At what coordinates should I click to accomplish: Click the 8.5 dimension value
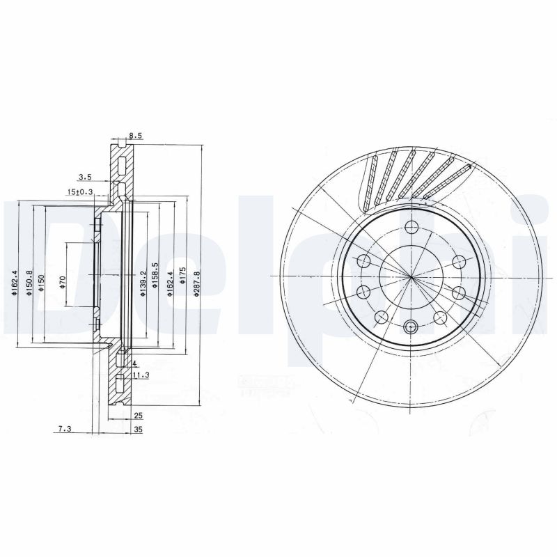click(x=136, y=136)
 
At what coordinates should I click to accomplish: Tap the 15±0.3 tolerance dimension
click(x=81, y=191)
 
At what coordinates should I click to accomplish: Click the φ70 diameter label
click(x=62, y=281)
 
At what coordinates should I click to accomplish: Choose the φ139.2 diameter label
click(x=142, y=284)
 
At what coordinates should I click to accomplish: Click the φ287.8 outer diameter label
click(x=197, y=284)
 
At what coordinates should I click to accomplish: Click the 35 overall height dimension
click(x=137, y=430)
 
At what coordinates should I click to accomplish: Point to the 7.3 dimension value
click(x=64, y=430)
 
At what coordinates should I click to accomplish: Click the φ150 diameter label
click(x=42, y=282)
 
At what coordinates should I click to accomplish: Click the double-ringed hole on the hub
click(x=410, y=327)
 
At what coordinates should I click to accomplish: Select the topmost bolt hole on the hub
click(x=411, y=226)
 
